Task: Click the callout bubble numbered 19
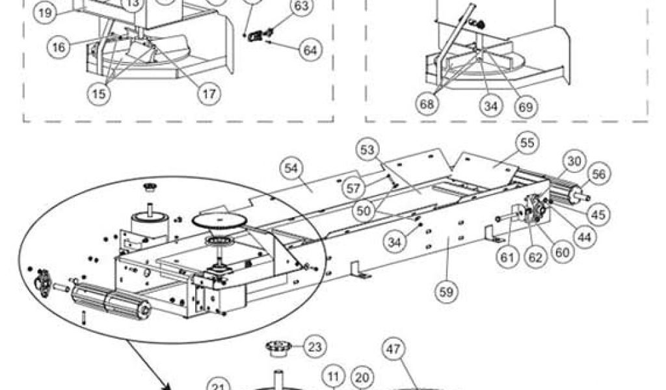click(45, 12)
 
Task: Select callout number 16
click(59, 46)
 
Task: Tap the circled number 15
click(99, 94)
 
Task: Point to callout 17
click(207, 94)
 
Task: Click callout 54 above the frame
click(291, 168)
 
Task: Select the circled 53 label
click(368, 151)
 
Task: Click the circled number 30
click(574, 160)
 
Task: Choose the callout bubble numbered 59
click(446, 292)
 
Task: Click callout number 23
click(314, 346)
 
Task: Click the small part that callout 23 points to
click(278, 348)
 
